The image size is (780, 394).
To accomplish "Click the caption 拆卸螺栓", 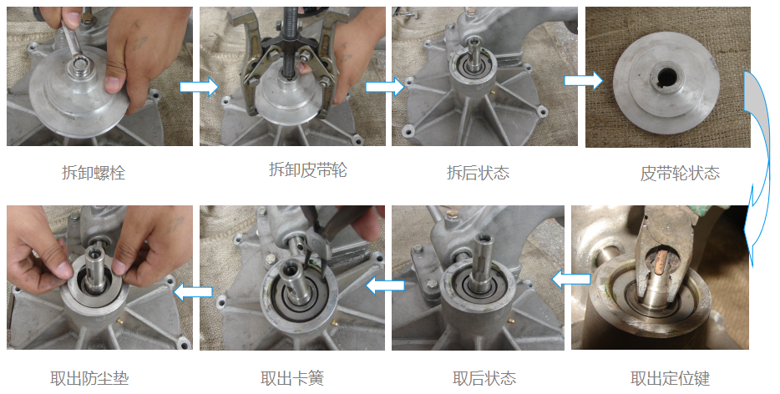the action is tap(94, 173).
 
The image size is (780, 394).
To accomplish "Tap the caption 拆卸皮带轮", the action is tap(308, 170).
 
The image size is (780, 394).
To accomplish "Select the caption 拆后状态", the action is tap(478, 173).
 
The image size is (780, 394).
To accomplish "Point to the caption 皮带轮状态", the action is tap(680, 173).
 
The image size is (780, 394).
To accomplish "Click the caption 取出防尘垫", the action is tap(89, 378).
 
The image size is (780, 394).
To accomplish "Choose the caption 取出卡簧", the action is tap(292, 378).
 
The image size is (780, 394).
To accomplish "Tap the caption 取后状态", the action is tap(484, 378).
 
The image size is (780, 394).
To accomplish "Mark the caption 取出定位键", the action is tap(670, 378).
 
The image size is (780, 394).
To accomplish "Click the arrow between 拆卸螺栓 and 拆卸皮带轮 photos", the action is tap(199, 87).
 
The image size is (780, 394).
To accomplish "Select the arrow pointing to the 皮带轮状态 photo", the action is tap(584, 81).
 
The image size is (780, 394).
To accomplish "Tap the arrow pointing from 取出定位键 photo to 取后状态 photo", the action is tap(571, 280).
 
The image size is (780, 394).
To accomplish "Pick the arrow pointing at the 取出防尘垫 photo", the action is tap(193, 291).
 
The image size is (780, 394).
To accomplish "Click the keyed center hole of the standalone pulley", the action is tap(667, 76).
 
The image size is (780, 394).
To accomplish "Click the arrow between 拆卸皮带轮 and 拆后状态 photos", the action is tap(385, 87).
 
